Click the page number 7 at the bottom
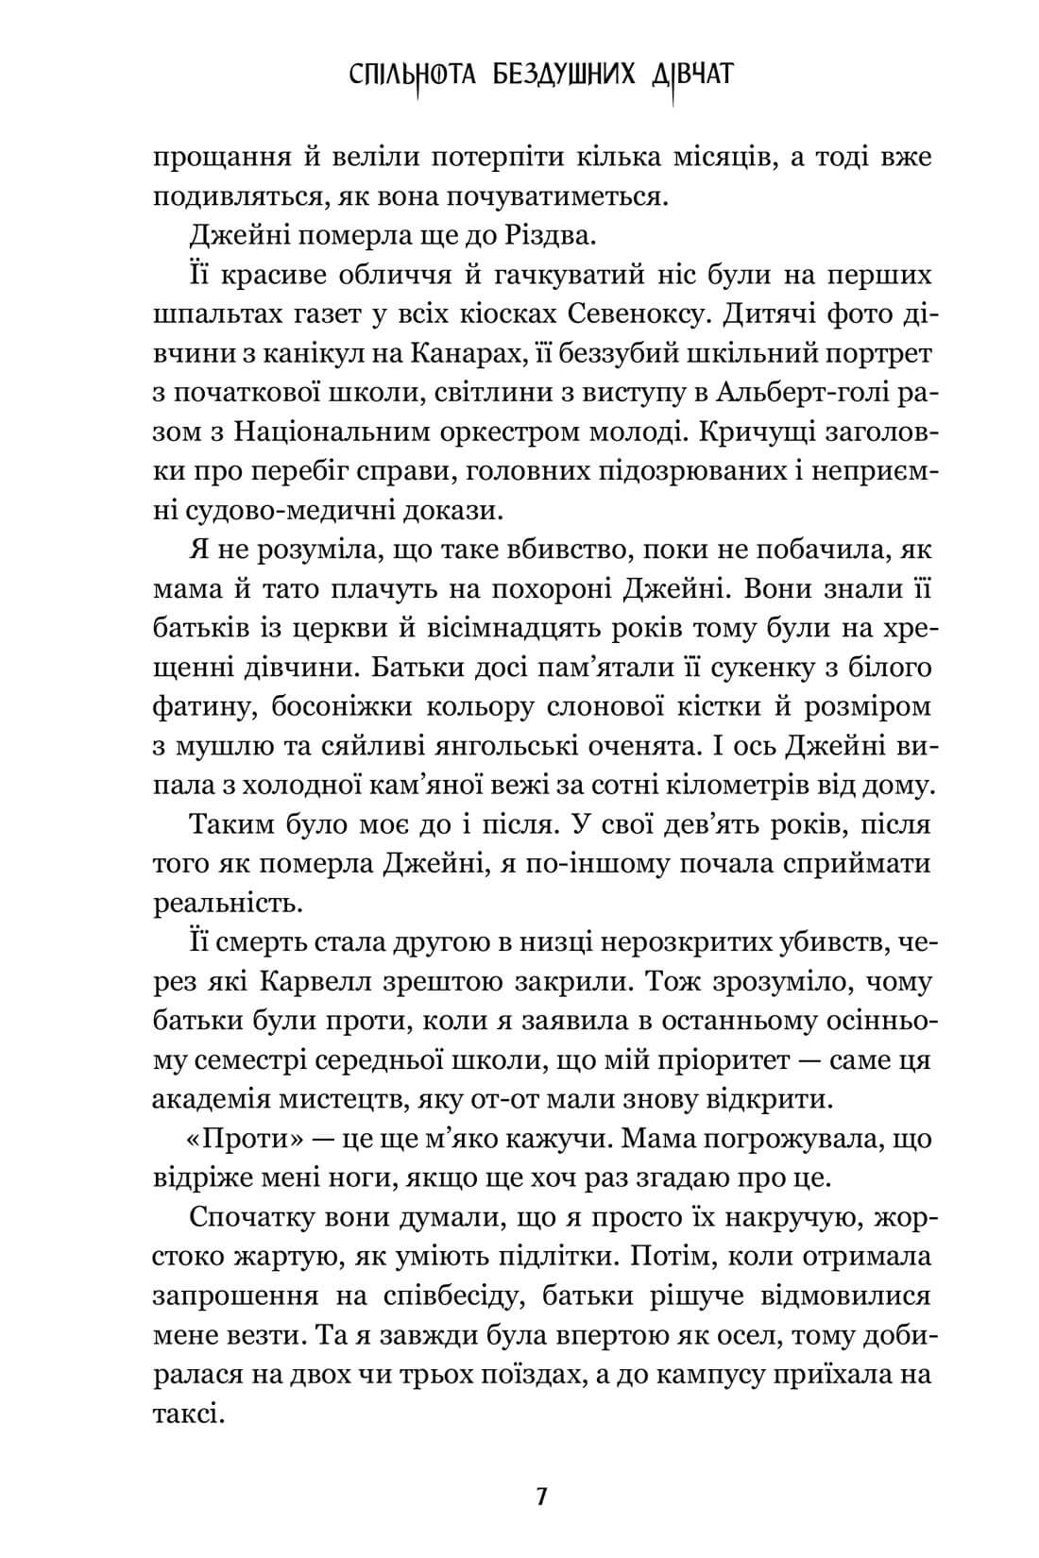pos(541,1498)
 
